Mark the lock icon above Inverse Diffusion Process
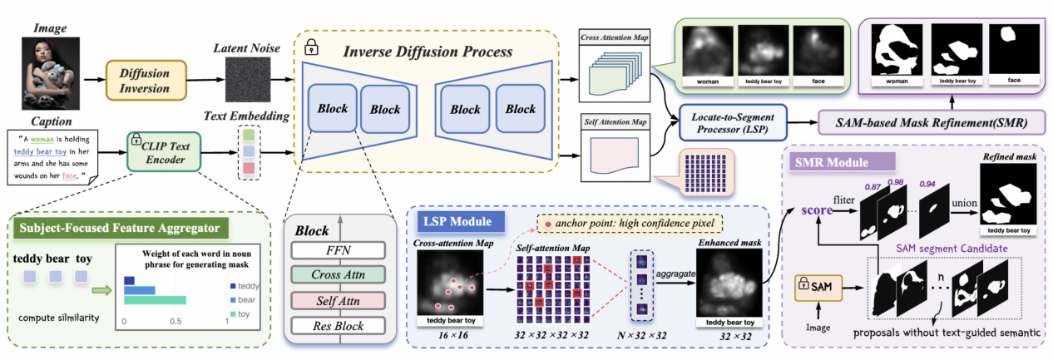tap(311, 46)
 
